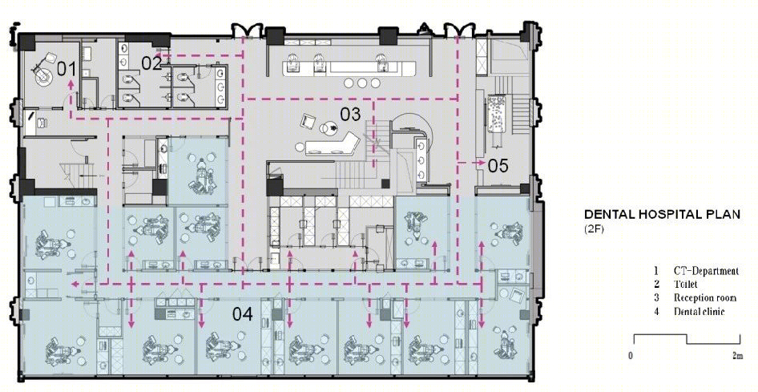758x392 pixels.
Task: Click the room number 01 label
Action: point(67,69)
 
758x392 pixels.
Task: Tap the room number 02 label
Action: point(151,63)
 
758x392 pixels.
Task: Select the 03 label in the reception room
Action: point(350,114)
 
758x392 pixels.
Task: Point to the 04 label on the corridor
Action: point(243,314)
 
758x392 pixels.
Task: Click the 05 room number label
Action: point(498,166)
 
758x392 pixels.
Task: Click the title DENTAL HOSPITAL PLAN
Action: point(662,214)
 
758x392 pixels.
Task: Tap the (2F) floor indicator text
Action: point(594,228)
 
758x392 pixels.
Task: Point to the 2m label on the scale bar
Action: point(737,356)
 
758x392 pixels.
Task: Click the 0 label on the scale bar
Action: point(631,356)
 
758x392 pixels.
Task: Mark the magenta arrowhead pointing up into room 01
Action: point(71,83)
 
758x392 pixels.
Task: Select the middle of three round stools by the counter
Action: point(362,83)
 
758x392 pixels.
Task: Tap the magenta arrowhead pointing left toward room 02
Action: point(158,56)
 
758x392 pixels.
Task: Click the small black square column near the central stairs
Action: point(385,184)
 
